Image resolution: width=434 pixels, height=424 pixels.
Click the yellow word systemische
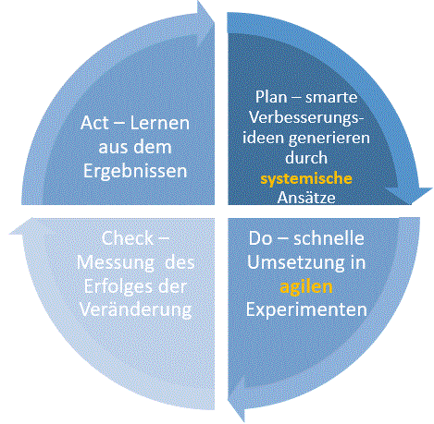tap(306, 179)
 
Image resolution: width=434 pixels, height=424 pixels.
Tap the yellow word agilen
tap(306, 287)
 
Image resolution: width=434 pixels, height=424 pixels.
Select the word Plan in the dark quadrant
tap(271, 97)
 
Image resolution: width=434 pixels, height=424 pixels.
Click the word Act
tap(94, 123)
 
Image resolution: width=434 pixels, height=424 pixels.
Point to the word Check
tap(128, 238)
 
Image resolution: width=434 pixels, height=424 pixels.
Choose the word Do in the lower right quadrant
tap(260, 238)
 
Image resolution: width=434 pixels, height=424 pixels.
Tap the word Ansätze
tap(306, 198)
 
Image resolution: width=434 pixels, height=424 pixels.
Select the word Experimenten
tap(306, 309)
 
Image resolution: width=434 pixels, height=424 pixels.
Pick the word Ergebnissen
tap(135, 171)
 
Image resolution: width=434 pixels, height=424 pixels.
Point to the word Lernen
tap(160, 123)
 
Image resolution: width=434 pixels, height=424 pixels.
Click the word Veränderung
tap(136, 309)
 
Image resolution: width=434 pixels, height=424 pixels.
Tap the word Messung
tap(116, 263)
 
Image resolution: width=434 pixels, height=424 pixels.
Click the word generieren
tap(329, 139)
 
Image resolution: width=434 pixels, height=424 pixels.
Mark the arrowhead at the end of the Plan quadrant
tap(409, 195)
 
